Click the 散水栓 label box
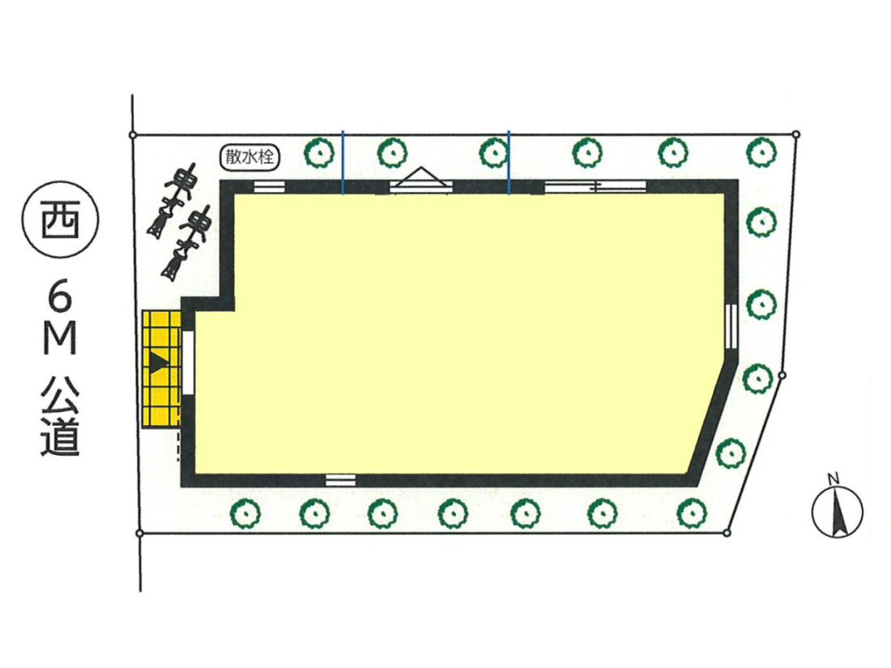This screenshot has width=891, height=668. point(249,157)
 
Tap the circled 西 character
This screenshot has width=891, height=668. point(60,221)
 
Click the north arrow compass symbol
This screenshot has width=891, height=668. point(837,507)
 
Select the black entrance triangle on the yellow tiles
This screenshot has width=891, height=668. point(159,362)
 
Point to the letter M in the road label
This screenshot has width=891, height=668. point(60,341)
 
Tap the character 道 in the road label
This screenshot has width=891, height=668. point(60,436)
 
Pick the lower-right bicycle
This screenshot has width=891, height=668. point(185,245)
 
